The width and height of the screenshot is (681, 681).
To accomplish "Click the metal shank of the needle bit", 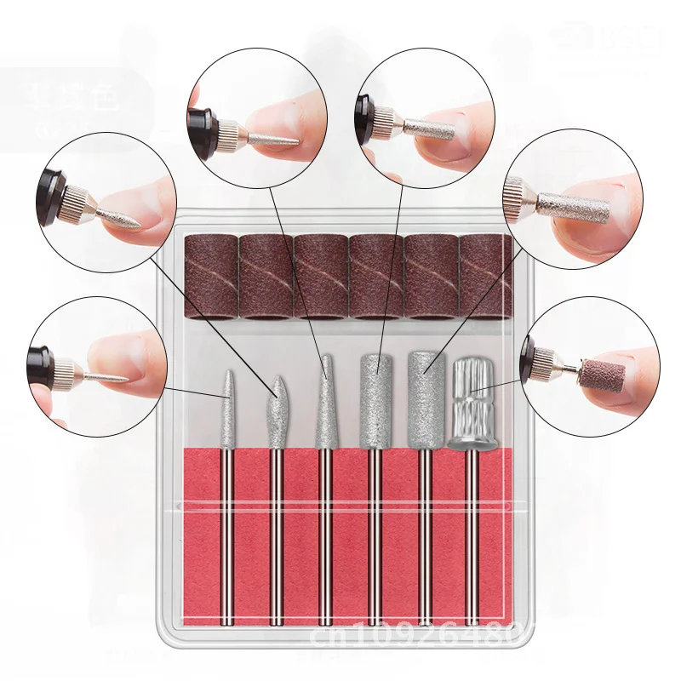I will [226, 528].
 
